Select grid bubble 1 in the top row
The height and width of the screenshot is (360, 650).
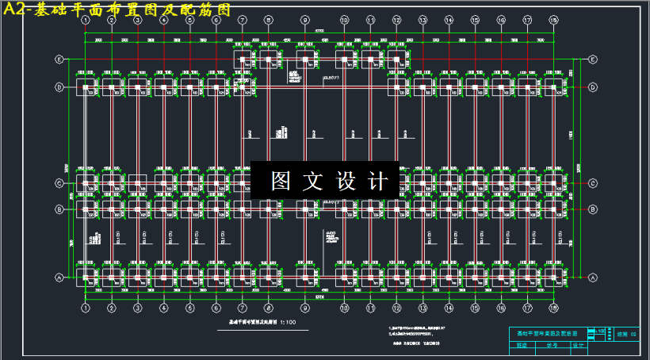[x=86, y=19]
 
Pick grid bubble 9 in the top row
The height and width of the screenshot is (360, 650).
[x=305, y=19]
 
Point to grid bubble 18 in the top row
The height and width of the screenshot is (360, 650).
[x=553, y=19]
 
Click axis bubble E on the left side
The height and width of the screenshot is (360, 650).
[x=59, y=59]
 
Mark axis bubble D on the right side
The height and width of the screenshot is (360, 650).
[x=592, y=86]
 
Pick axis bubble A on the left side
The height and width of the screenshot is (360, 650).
[x=59, y=278]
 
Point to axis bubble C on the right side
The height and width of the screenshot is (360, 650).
[x=592, y=183]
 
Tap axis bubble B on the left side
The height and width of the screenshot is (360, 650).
[x=59, y=209]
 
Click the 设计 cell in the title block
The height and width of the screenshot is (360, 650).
[x=576, y=345]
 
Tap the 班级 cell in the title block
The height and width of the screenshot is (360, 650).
[x=521, y=345]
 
